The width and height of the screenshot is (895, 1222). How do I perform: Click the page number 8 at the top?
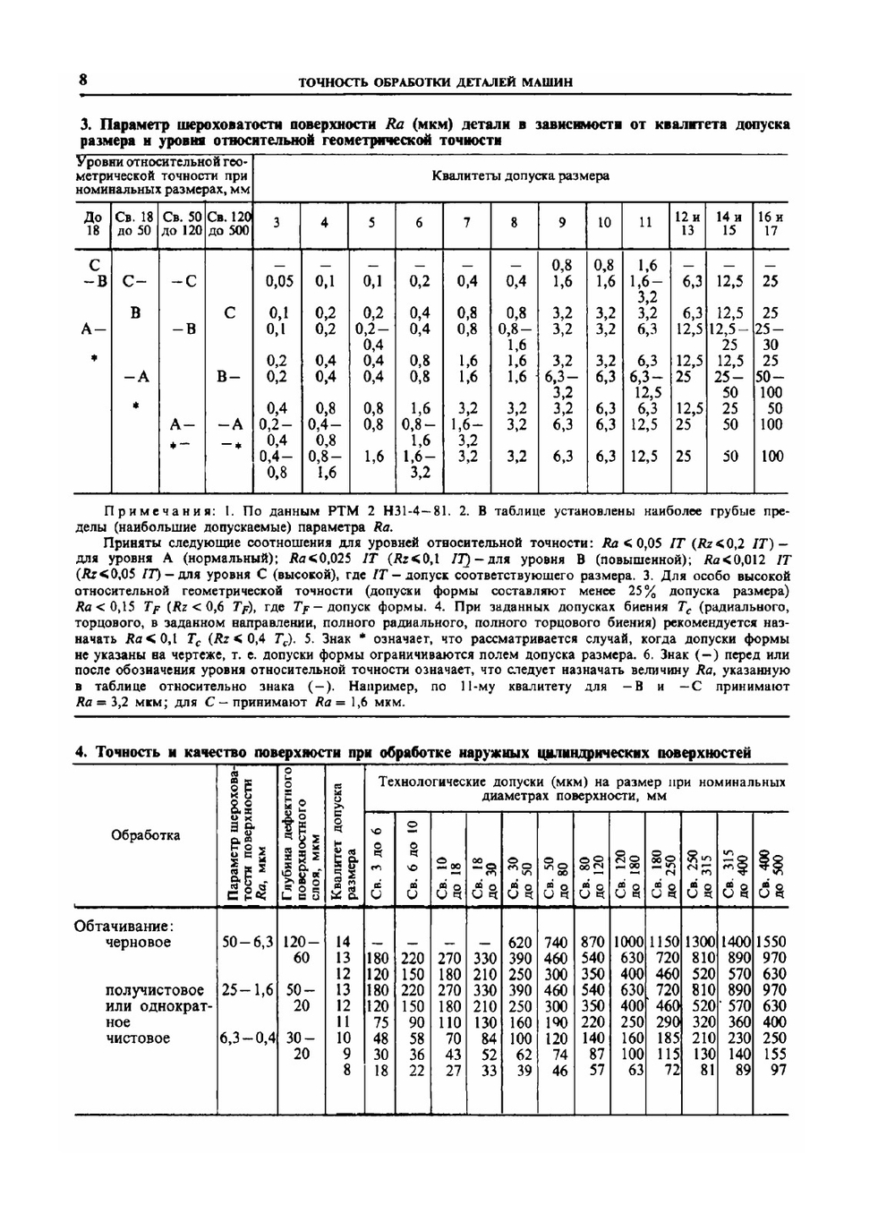pos(82,80)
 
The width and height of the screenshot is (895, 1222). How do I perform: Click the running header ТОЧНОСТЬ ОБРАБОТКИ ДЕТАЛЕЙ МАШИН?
pos(435,82)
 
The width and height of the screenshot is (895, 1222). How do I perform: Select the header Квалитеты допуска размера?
pos(520,175)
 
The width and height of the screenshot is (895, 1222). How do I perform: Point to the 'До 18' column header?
pos(93,223)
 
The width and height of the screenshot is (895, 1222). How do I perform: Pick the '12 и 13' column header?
pos(687,223)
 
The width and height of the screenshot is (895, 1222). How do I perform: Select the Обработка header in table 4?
pos(145,835)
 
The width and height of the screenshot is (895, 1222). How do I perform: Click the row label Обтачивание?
pos(123,926)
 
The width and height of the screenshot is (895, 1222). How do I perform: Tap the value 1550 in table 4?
pos(771,942)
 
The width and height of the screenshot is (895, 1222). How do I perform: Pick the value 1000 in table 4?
pos(628,942)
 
